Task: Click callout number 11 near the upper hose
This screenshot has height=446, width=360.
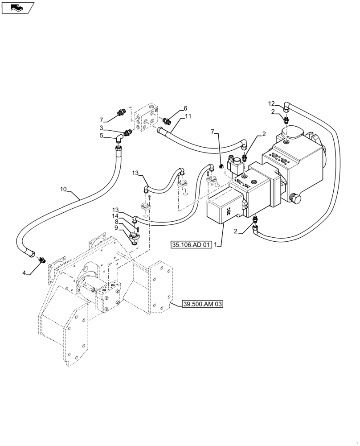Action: (x=188, y=116)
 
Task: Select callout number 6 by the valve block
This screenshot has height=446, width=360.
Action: (x=185, y=109)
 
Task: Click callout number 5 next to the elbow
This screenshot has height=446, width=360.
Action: (x=102, y=136)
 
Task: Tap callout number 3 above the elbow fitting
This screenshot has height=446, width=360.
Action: (x=102, y=128)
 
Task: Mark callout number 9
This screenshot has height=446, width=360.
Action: (x=115, y=227)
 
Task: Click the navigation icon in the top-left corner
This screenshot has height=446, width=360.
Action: (x=17, y=7)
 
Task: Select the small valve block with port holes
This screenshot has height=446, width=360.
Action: (x=147, y=117)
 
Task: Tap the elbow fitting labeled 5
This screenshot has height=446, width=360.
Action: (x=120, y=138)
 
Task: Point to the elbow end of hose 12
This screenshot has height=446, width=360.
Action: (x=286, y=107)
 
